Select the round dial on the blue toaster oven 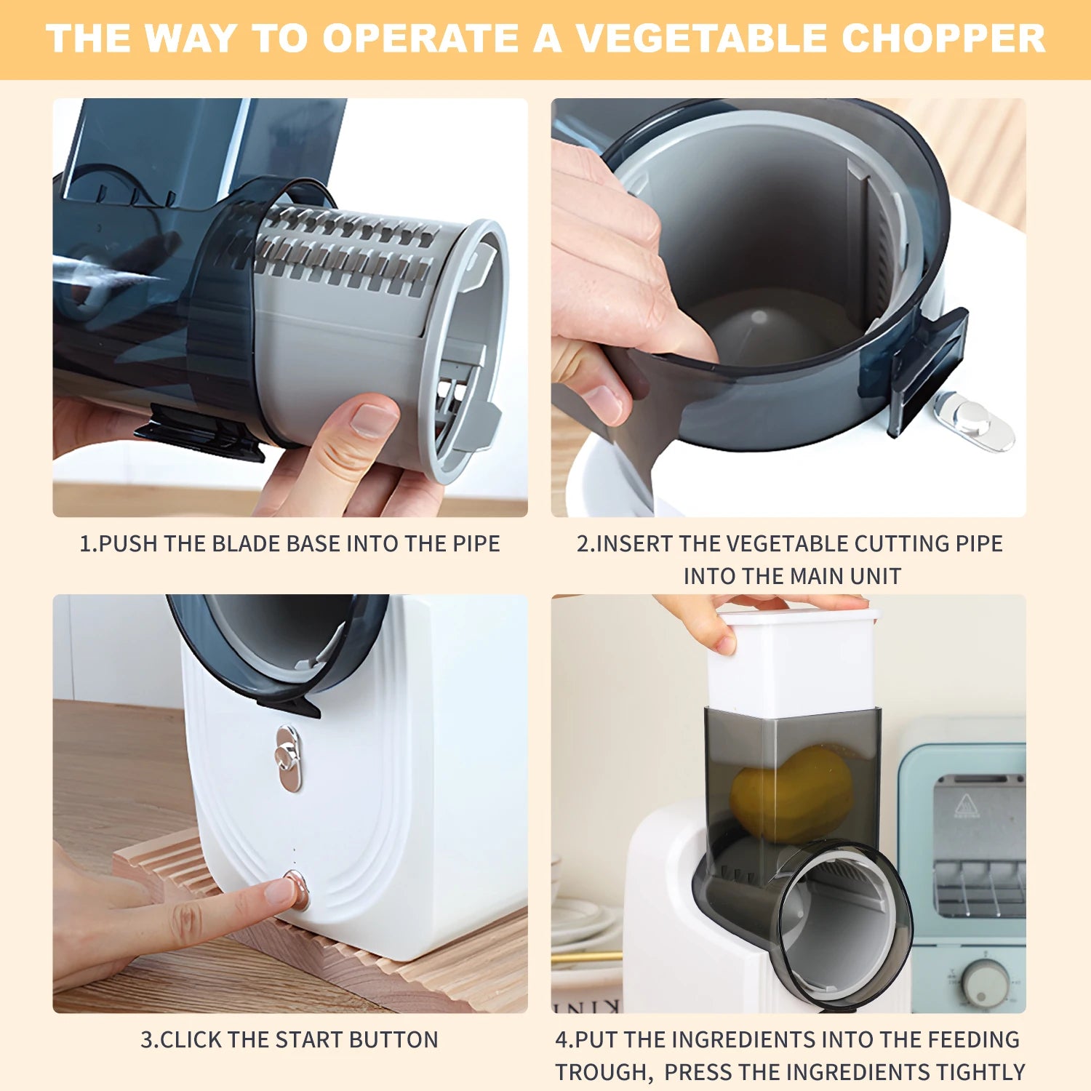986,982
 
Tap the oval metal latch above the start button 288,758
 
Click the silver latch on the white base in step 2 973,420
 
